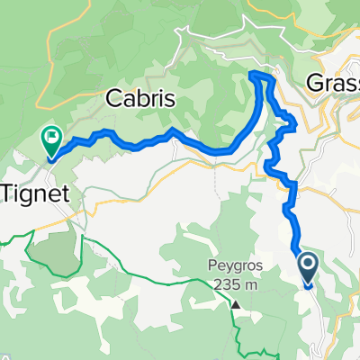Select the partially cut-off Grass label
[x=333, y=83]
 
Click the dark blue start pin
[x=308, y=265]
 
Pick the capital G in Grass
[x=315, y=83]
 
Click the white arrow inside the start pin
[x=308, y=264]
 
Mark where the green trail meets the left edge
[x=2, y=239]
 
